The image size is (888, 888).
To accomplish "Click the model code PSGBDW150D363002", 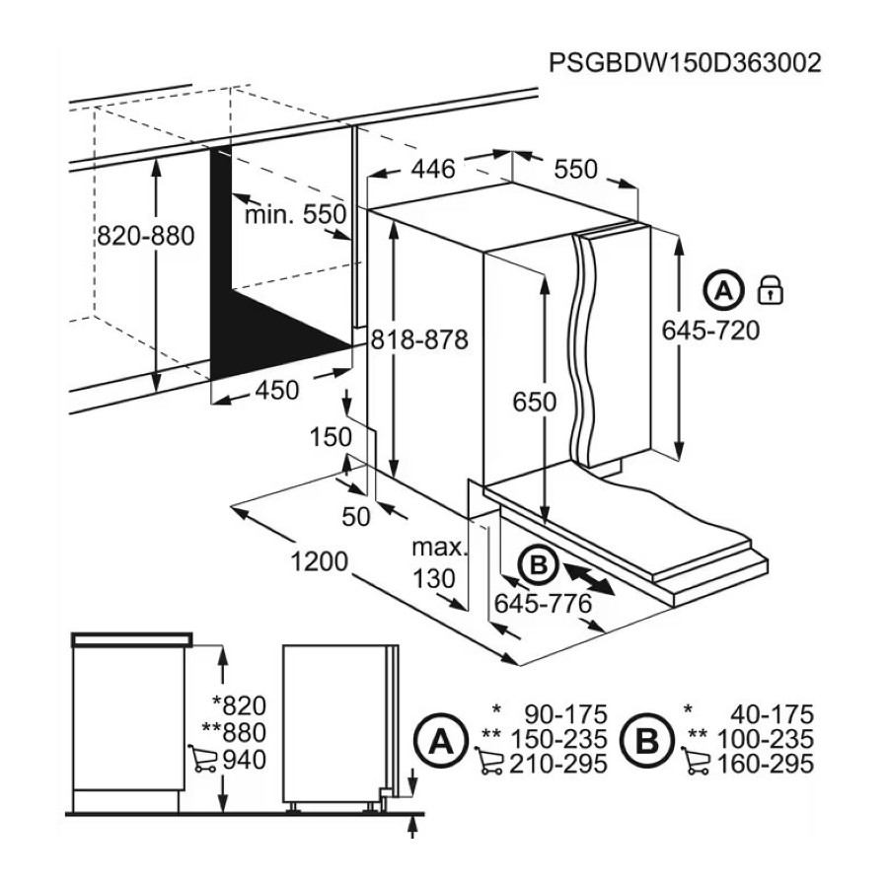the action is click(x=685, y=62).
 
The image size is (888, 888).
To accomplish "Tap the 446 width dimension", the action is click(x=433, y=169).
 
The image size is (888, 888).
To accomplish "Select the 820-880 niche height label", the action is click(x=146, y=236).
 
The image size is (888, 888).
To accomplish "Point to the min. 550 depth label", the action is click(x=295, y=215).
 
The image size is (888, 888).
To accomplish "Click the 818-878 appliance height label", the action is click(x=419, y=339).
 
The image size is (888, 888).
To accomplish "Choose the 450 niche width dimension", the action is click(x=277, y=390).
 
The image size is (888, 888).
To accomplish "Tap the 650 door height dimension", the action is click(x=535, y=402).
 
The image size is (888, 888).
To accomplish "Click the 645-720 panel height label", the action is click(x=710, y=331).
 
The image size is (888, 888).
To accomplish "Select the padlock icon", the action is click(x=771, y=290).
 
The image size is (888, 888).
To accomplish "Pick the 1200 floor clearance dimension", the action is click(x=319, y=561).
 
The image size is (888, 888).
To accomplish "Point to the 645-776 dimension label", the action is click(x=543, y=604).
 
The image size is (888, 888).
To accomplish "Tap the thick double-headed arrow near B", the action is click(x=589, y=578).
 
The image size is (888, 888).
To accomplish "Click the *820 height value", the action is click(x=239, y=705).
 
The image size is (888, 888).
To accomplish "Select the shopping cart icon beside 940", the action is click(x=202, y=759).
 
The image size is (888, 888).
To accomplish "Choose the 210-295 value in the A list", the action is click(x=558, y=764).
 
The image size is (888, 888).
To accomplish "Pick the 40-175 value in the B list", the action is click(x=772, y=714).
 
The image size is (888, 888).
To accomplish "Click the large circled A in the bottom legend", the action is click(x=441, y=740).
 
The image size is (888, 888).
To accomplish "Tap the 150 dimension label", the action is click(x=332, y=437).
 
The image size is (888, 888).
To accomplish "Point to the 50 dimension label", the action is click(x=356, y=516).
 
